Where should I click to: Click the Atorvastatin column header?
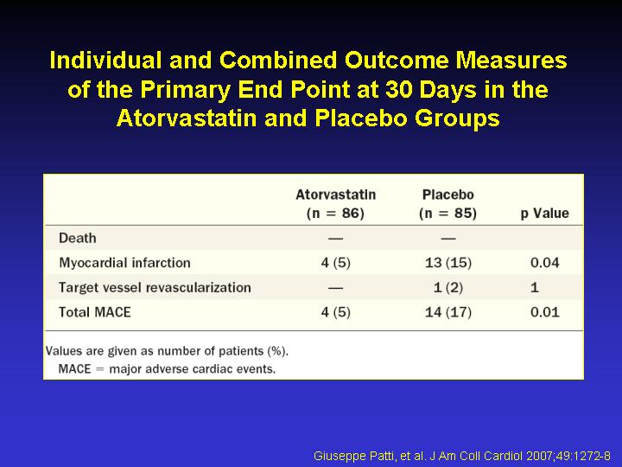[x=335, y=204]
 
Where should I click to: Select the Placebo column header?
[x=447, y=204]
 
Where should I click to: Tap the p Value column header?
[x=544, y=214]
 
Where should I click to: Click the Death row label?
[x=78, y=238]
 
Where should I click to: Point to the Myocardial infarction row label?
[x=124, y=263]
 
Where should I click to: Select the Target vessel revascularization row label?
[x=155, y=287]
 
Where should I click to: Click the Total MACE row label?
[x=94, y=311]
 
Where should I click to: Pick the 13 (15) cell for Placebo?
[x=448, y=263]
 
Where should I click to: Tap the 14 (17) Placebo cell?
[x=448, y=311]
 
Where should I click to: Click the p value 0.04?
[x=544, y=263]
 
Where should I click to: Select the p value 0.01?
[x=544, y=311]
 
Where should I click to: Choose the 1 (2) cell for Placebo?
[x=448, y=287]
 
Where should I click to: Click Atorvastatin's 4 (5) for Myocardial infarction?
[x=335, y=263]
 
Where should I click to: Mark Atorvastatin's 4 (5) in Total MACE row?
[x=335, y=311]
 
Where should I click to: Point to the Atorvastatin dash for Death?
[x=335, y=239]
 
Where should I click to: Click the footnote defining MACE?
[x=167, y=369]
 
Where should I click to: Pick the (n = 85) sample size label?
[x=447, y=214]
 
